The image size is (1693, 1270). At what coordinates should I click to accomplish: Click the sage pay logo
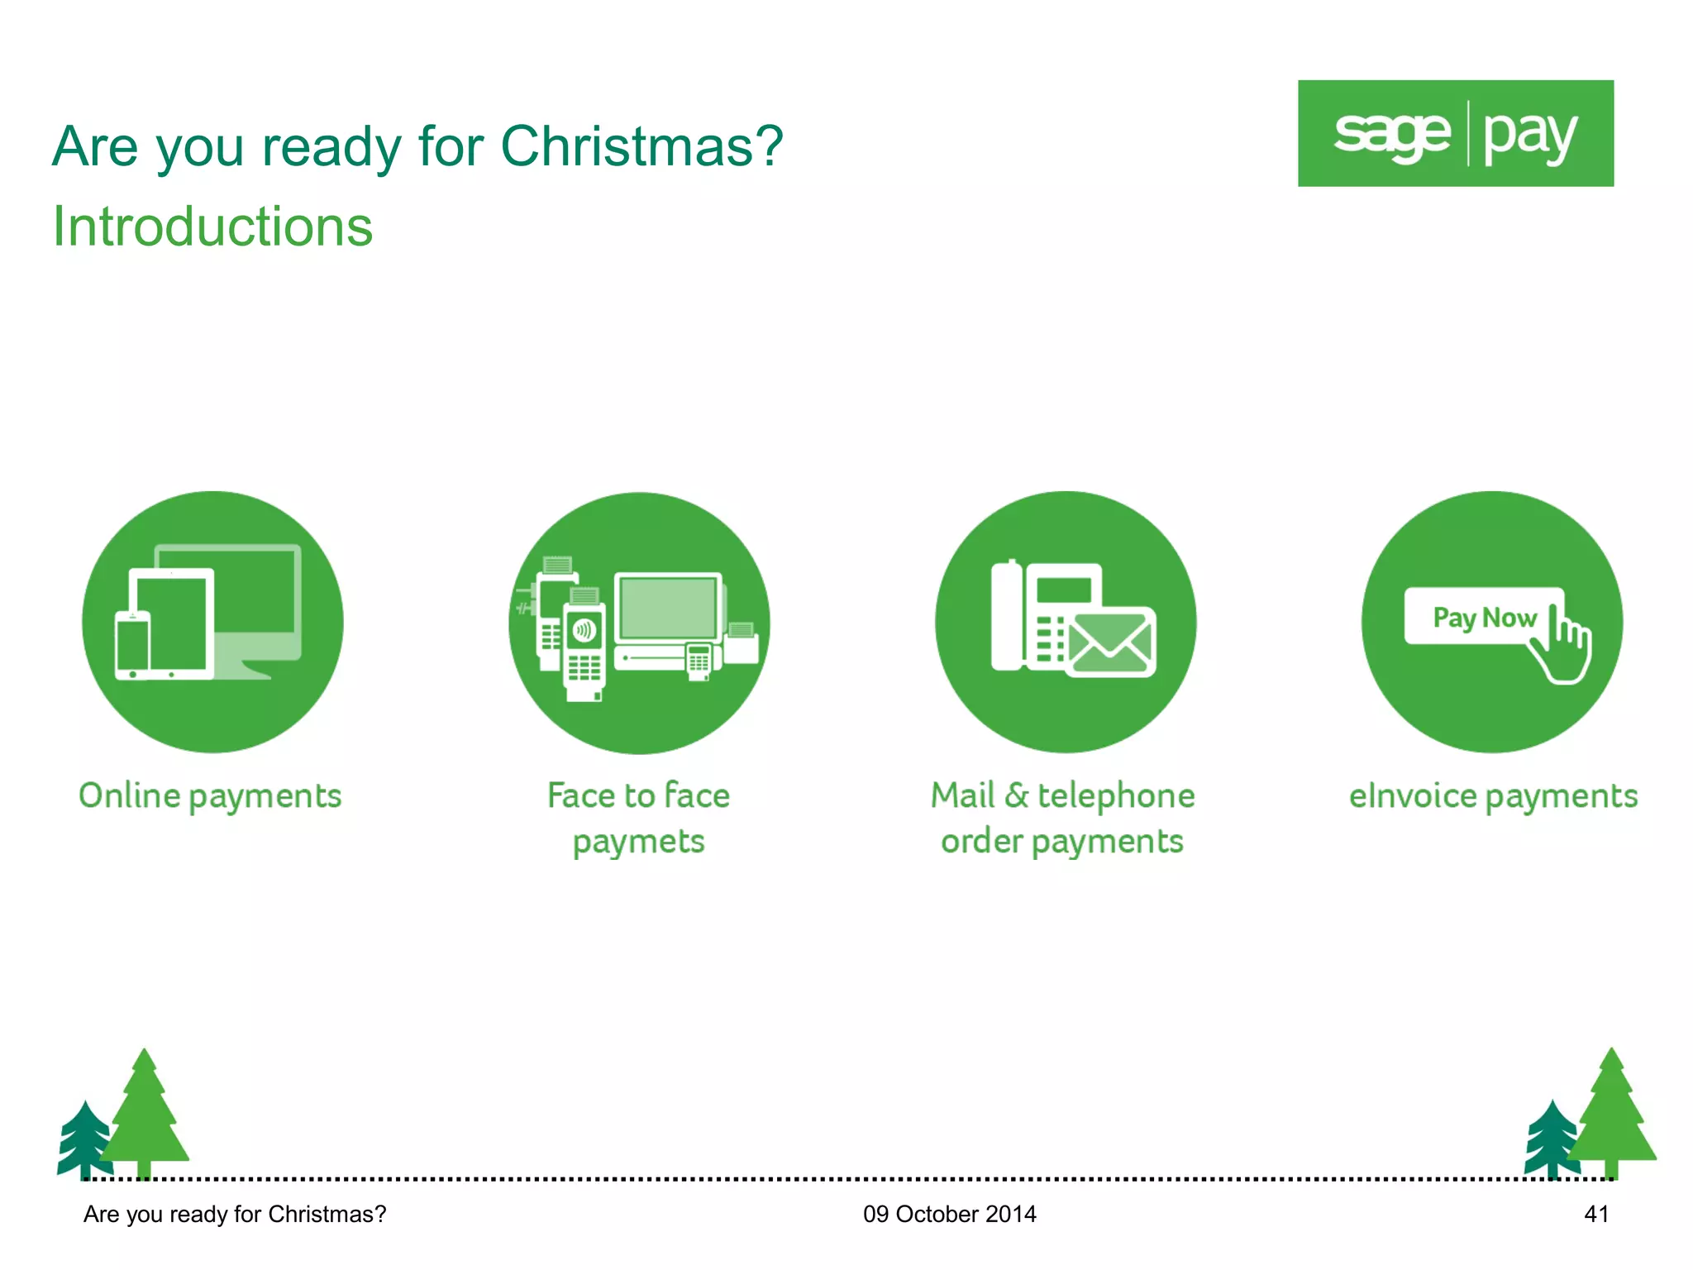point(1455,133)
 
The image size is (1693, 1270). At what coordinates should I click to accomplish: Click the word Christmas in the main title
point(641,146)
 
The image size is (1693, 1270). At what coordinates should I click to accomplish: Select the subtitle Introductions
point(212,227)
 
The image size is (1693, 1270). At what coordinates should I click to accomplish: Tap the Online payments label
point(210,796)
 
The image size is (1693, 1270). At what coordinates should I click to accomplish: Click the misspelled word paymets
point(638,843)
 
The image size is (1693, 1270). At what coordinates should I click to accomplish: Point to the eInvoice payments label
point(1493,796)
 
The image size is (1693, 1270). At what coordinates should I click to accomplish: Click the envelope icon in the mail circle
point(1110,642)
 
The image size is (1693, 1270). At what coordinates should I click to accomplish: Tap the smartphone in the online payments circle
point(132,644)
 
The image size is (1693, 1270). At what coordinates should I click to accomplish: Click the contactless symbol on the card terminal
point(584,630)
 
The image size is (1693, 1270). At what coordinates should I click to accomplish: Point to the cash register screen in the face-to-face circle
point(668,608)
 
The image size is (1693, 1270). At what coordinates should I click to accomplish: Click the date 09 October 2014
point(949,1214)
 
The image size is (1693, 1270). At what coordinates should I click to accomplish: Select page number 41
point(1595,1214)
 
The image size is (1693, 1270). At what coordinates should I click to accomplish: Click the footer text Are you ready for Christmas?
point(235,1214)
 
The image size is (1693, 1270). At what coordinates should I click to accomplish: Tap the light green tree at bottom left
point(145,1112)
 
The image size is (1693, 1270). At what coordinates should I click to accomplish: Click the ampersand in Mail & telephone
point(1016,795)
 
